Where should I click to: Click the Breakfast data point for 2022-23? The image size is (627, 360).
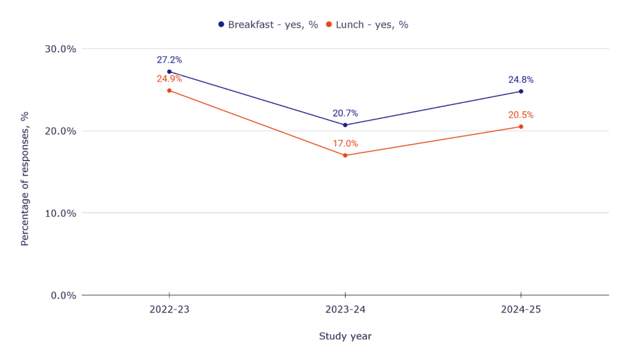point(170,72)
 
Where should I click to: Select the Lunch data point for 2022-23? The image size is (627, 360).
point(170,91)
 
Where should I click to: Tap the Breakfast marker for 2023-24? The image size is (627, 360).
point(345,125)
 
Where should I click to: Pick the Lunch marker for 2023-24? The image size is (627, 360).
point(345,156)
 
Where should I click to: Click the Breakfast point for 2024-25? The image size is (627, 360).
point(521,91)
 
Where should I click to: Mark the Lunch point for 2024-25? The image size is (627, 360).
point(521,127)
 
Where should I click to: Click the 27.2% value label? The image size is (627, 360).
point(170,60)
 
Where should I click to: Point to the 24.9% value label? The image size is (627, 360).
point(170,79)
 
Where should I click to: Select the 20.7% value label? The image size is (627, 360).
point(345,113)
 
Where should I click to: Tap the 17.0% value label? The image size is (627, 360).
point(345,144)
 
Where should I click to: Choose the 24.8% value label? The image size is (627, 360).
point(521,80)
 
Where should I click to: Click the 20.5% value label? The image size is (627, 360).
point(521,115)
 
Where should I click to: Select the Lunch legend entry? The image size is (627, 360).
point(367,24)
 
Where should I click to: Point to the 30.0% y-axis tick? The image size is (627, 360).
point(61,49)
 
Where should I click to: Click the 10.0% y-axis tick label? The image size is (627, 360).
point(61,213)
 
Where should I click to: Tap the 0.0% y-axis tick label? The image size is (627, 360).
point(63,295)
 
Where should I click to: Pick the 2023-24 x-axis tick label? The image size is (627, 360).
point(345,310)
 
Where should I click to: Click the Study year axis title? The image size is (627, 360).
point(345,336)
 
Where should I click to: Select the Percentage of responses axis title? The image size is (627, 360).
point(25,178)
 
